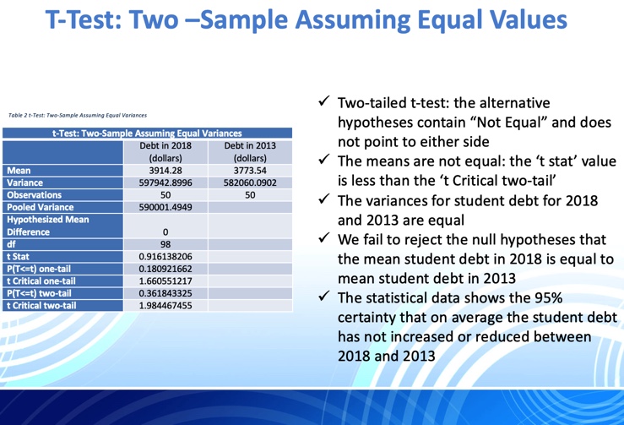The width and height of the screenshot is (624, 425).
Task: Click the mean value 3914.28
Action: (165, 170)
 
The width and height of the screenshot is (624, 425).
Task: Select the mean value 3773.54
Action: (249, 170)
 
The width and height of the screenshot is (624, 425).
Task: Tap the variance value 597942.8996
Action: (165, 182)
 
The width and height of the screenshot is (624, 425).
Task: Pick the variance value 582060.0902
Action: (249, 182)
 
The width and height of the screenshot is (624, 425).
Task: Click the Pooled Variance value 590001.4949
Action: (165, 206)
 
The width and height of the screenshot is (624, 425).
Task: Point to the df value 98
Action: (165, 242)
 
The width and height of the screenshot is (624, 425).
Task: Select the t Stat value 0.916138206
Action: (165, 255)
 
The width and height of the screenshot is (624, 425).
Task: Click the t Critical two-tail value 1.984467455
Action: (165, 304)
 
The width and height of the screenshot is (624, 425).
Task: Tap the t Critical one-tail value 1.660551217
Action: (165, 280)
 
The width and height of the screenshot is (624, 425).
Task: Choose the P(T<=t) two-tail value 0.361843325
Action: (165, 292)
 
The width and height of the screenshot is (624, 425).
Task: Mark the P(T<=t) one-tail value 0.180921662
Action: (165, 267)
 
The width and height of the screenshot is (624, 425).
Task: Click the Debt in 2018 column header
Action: (165, 151)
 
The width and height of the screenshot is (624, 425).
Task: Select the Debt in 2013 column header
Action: (249, 151)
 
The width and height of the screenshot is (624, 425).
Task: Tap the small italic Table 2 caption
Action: (78, 115)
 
